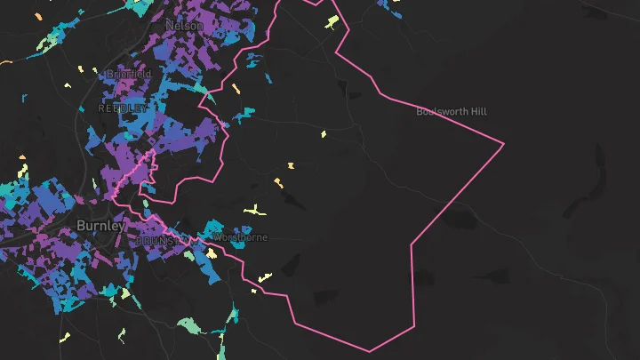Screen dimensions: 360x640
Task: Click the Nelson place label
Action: coord(184,26)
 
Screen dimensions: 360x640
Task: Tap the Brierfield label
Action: coord(128,74)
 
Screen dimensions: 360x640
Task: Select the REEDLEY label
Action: coord(123,108)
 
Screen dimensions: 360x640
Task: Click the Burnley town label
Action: coord(100,226)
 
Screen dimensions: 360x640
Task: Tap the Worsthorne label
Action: coord(241,238)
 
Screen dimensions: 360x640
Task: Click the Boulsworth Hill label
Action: coord(452,112)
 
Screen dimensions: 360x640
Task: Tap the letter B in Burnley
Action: coord(81,226)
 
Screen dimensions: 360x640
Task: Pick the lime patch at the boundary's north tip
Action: coord(332,21)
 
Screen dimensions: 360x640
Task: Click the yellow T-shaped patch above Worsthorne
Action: coord(256,211)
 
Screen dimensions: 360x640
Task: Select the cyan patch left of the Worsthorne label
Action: coord(212,231)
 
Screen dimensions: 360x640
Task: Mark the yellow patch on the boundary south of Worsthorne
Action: coord(264,276)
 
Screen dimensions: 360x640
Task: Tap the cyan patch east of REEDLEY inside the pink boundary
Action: coord(243,113)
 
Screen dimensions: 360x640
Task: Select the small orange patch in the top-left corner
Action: coord(7,61)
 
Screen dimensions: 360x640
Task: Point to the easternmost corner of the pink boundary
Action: coord(504,143)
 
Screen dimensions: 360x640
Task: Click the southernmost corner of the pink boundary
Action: coord(370,351)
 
